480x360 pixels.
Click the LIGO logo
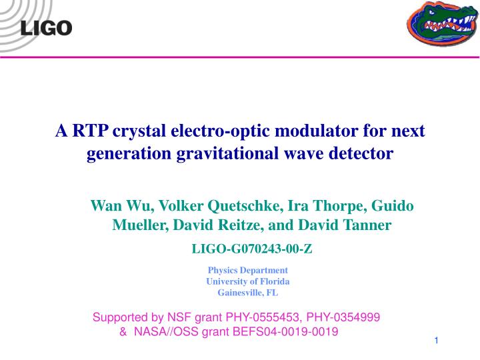(x=46, y=27)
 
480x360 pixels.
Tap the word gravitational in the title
(x=227, y=154)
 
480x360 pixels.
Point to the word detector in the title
(x=361, y=154)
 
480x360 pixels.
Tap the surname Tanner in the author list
(x=367, y=226)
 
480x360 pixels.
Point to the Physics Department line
(x=248, y=270)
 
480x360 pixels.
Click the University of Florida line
(x=248, y=281)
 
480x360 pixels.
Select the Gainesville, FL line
(x=248, y=293)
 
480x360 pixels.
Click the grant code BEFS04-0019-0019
(x=287, y=331)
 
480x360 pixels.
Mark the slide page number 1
(x=435, y=341)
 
